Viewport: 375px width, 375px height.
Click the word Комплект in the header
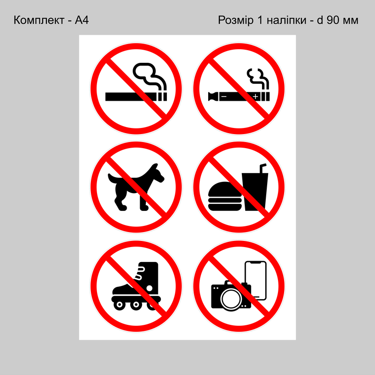pyautogui.click(x=39, y=20)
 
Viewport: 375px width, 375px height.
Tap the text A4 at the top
pyautogui.click(x=82, y=20)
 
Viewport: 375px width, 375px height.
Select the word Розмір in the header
pyautogui.click(x=236, y=20)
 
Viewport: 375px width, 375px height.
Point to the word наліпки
pyautogui.click(x=286, y=20)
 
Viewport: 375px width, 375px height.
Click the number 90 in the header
pyautogui.click(x=333, y=20)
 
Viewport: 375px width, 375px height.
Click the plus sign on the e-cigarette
pyautogui.click(x=255, y=97)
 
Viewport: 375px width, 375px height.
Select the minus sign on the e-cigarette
pyautogui.click(x=224, y=97)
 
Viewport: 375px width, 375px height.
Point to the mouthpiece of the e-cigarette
pyautogui.click(x=213, y=97)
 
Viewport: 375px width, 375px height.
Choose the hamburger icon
pyautogui.click(x=225, y=196)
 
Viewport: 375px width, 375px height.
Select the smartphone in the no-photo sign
pyautogui.click(x=255, y=280)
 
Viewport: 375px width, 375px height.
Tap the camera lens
pyautogui.click(x=231, y=299)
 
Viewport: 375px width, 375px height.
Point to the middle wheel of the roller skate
pyautogui.click(x=136, y=305)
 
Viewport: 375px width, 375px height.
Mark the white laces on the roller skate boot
pyautogui.click(x=139, y=273)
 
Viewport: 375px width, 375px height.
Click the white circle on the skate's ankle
pyautogui.click(x=149, y=288)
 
